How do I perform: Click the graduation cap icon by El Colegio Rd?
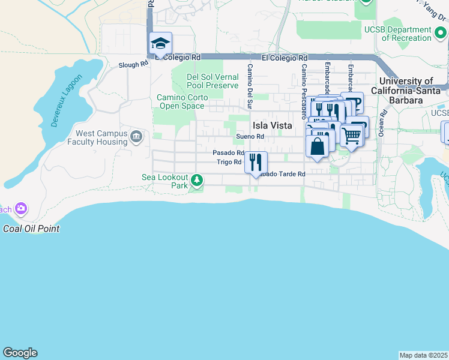click(x=161, y=44)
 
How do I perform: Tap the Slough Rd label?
click(x=133, y=65)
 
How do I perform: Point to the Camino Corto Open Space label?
click(x=182, y=102)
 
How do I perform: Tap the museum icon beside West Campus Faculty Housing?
click(x=136, y=137)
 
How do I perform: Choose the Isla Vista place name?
click(x=272, y=125)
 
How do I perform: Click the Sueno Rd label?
click(x=250, y=137)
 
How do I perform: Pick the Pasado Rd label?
click(x=228, y=153)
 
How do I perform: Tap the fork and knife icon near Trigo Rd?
click(x=256, y=161)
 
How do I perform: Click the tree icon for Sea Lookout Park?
click(x=196, y=179)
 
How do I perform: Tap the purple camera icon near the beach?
click(x=22, y=209)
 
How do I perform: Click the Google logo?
click(x=20, y=353)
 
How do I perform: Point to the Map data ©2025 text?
click(x=423, y=355)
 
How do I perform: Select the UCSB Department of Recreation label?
click(x=406, y=34)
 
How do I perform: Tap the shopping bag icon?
click(x=317, y=146)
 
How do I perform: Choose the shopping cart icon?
click(x=351, y=135)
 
